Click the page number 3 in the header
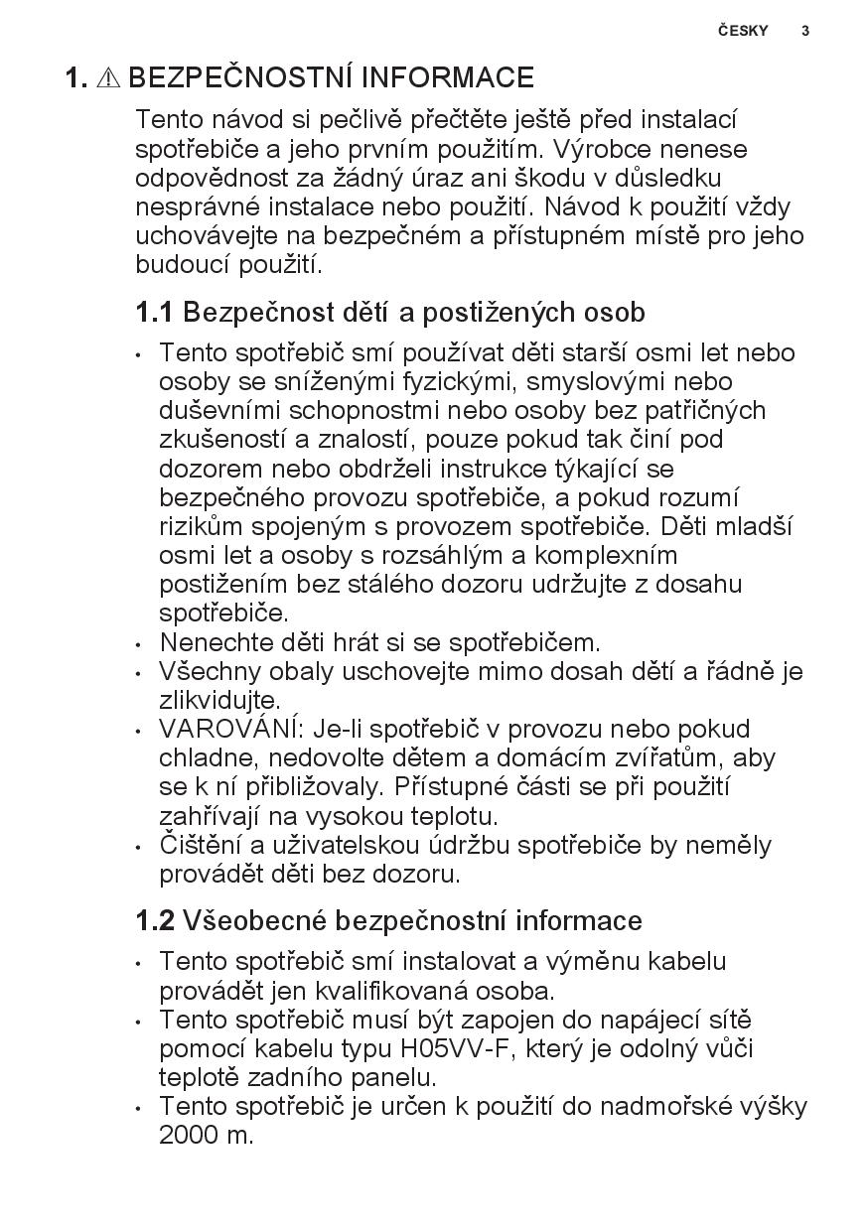[805, 31]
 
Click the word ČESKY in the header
[743, 31]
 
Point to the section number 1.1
[154, 313]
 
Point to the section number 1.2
[155, 921]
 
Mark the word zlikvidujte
[219, 700]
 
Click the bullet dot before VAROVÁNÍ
[140, 731]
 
